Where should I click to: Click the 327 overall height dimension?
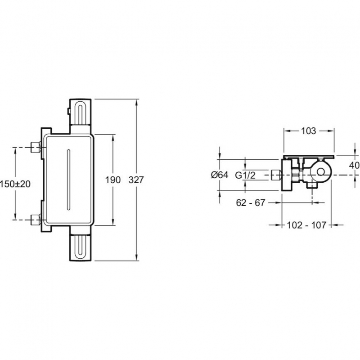136,180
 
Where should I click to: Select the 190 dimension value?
113,180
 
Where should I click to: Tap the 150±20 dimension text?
15,184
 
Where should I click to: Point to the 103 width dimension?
308,131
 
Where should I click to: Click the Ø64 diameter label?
220,175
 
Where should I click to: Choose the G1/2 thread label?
245,175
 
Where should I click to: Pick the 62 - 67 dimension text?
251,203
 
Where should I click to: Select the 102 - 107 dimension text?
306,225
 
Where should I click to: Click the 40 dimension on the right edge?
355,165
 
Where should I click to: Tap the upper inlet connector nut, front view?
36,147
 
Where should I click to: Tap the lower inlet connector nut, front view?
36,220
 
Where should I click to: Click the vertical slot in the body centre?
68,180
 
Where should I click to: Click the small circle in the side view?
321,171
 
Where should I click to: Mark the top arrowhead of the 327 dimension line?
137,103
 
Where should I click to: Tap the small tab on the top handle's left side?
68,111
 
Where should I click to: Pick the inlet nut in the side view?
276,175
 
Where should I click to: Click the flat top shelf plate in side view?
309,156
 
